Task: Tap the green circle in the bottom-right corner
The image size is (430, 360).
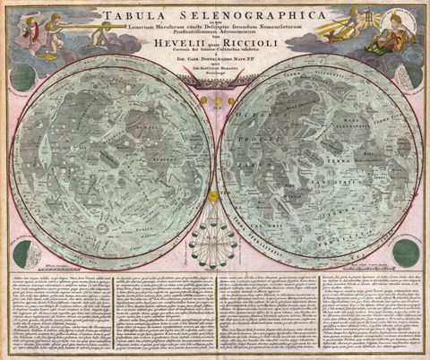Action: pyautogui.click(x=407, y=253)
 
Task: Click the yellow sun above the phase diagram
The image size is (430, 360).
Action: pyautogui.click(x=213, y=195)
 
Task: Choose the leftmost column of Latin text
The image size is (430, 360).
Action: pyautogui.click(x=57, y=313)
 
